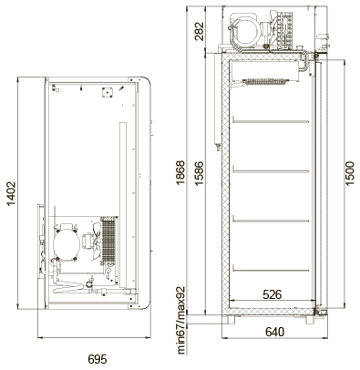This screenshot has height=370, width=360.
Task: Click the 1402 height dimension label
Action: pyautogui.click(x=11, y=194)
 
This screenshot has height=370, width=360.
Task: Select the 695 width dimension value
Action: pyautogui.click(x=98, y=359)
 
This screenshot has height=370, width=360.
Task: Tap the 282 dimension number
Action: pyautogui.click(x=200, y=31)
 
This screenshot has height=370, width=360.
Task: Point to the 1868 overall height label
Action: pyautogui.click(x=180, y=172)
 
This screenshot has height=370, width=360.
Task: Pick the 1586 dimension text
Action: pyautogui.click(x=199, y=174)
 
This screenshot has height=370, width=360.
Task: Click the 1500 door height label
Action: pyautogui.click(x=350, y=173)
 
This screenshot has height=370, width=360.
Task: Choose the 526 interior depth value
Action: pyautogui.click(x=273, y=294)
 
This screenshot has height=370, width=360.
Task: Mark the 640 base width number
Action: pyautogui.click(x=275, y=332)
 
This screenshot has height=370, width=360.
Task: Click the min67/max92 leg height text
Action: pyautogui.click(x=181, y=320)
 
